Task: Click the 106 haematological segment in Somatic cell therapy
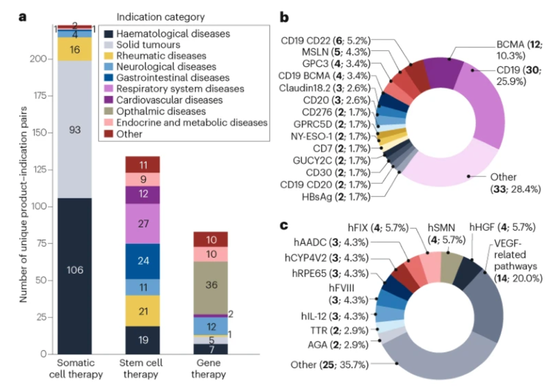point(75,270)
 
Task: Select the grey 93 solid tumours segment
point(75,129)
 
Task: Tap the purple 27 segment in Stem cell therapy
point(142,224)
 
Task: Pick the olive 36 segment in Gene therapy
point(210,285)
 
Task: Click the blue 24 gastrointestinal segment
point(142,261)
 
